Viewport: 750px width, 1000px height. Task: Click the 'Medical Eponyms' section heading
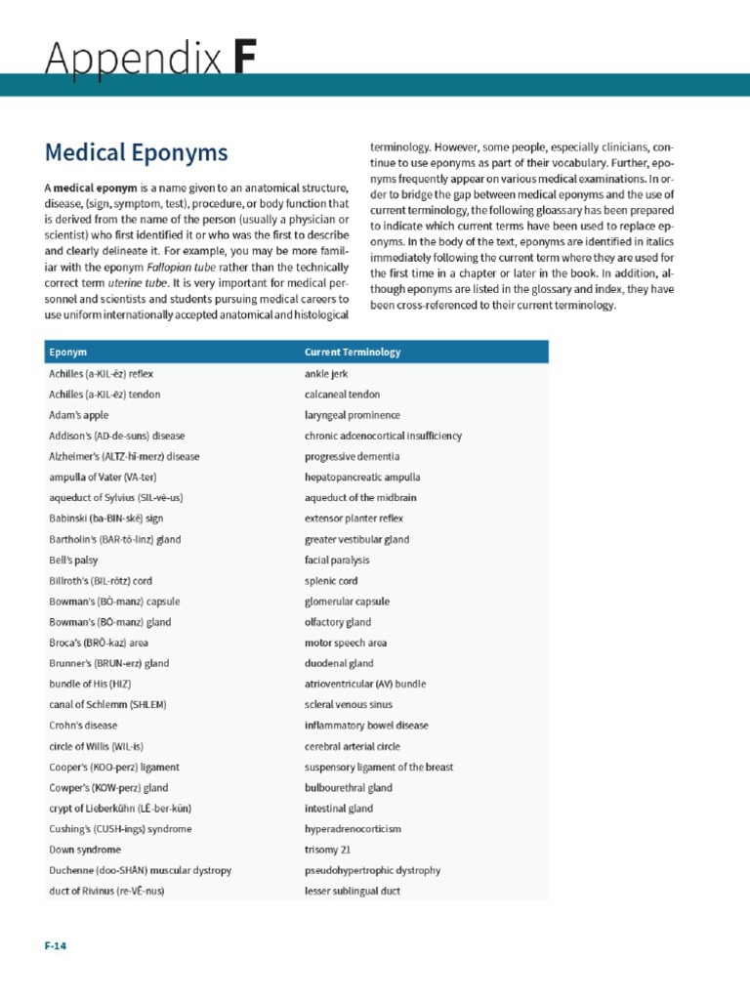pyautogui.click(x=136, y=153)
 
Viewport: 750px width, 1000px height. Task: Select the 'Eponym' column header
pyautogui.click(x=66, y=352)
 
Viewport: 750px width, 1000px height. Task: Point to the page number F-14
pyautogui.click(x=55, y=945)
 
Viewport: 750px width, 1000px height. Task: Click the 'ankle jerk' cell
pyautogui.click(x=326, y=374)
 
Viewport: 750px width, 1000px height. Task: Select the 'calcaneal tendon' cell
pyautogui.click(x=341, y=395)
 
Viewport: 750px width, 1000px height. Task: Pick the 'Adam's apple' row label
pyautogui.click(x=78, y=415)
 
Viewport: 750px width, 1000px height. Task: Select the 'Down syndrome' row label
pyautogui.click(x=84, y=851)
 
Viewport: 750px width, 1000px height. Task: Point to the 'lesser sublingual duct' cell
pyautogui.click(x=352, y=892)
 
